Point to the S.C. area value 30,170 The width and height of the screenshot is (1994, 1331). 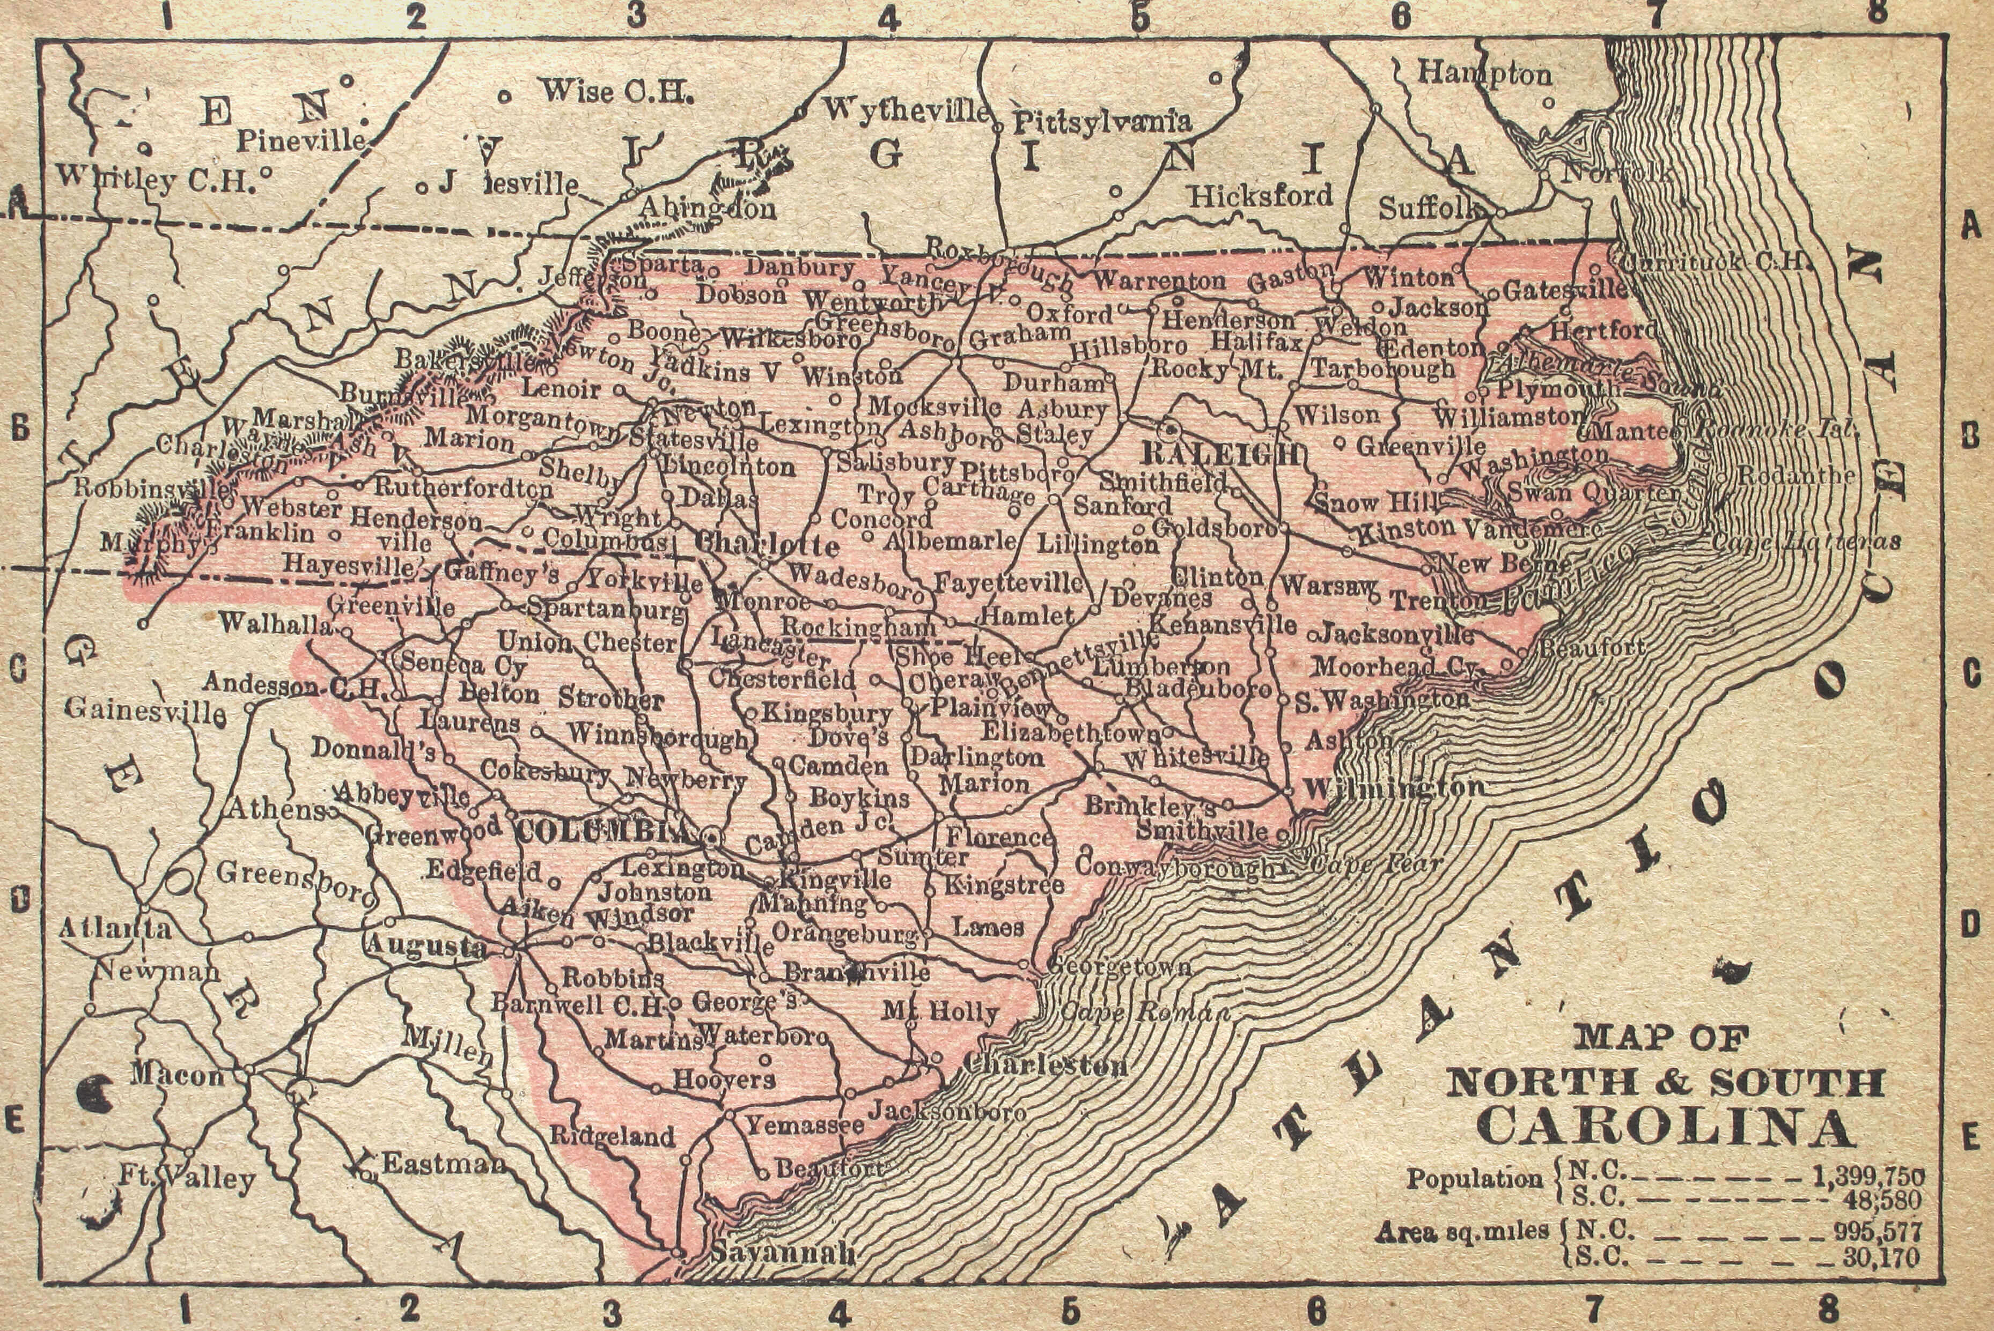pyautogui.click(x=1880, y=1256)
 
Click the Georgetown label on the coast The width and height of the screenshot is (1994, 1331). pyautogui.click(x=1119, y=966)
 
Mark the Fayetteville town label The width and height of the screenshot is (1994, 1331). pyautogui.click(x=1008, y=582)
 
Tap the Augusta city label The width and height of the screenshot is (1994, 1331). pyautogui.click(x=426, y=945)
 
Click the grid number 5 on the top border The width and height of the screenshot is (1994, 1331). pyautogui.click(x=1139, y=17)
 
